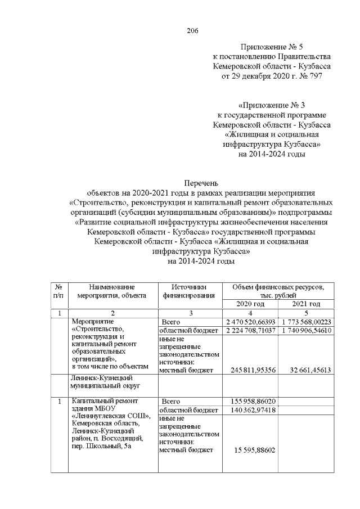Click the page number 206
192,30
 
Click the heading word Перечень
201,182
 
